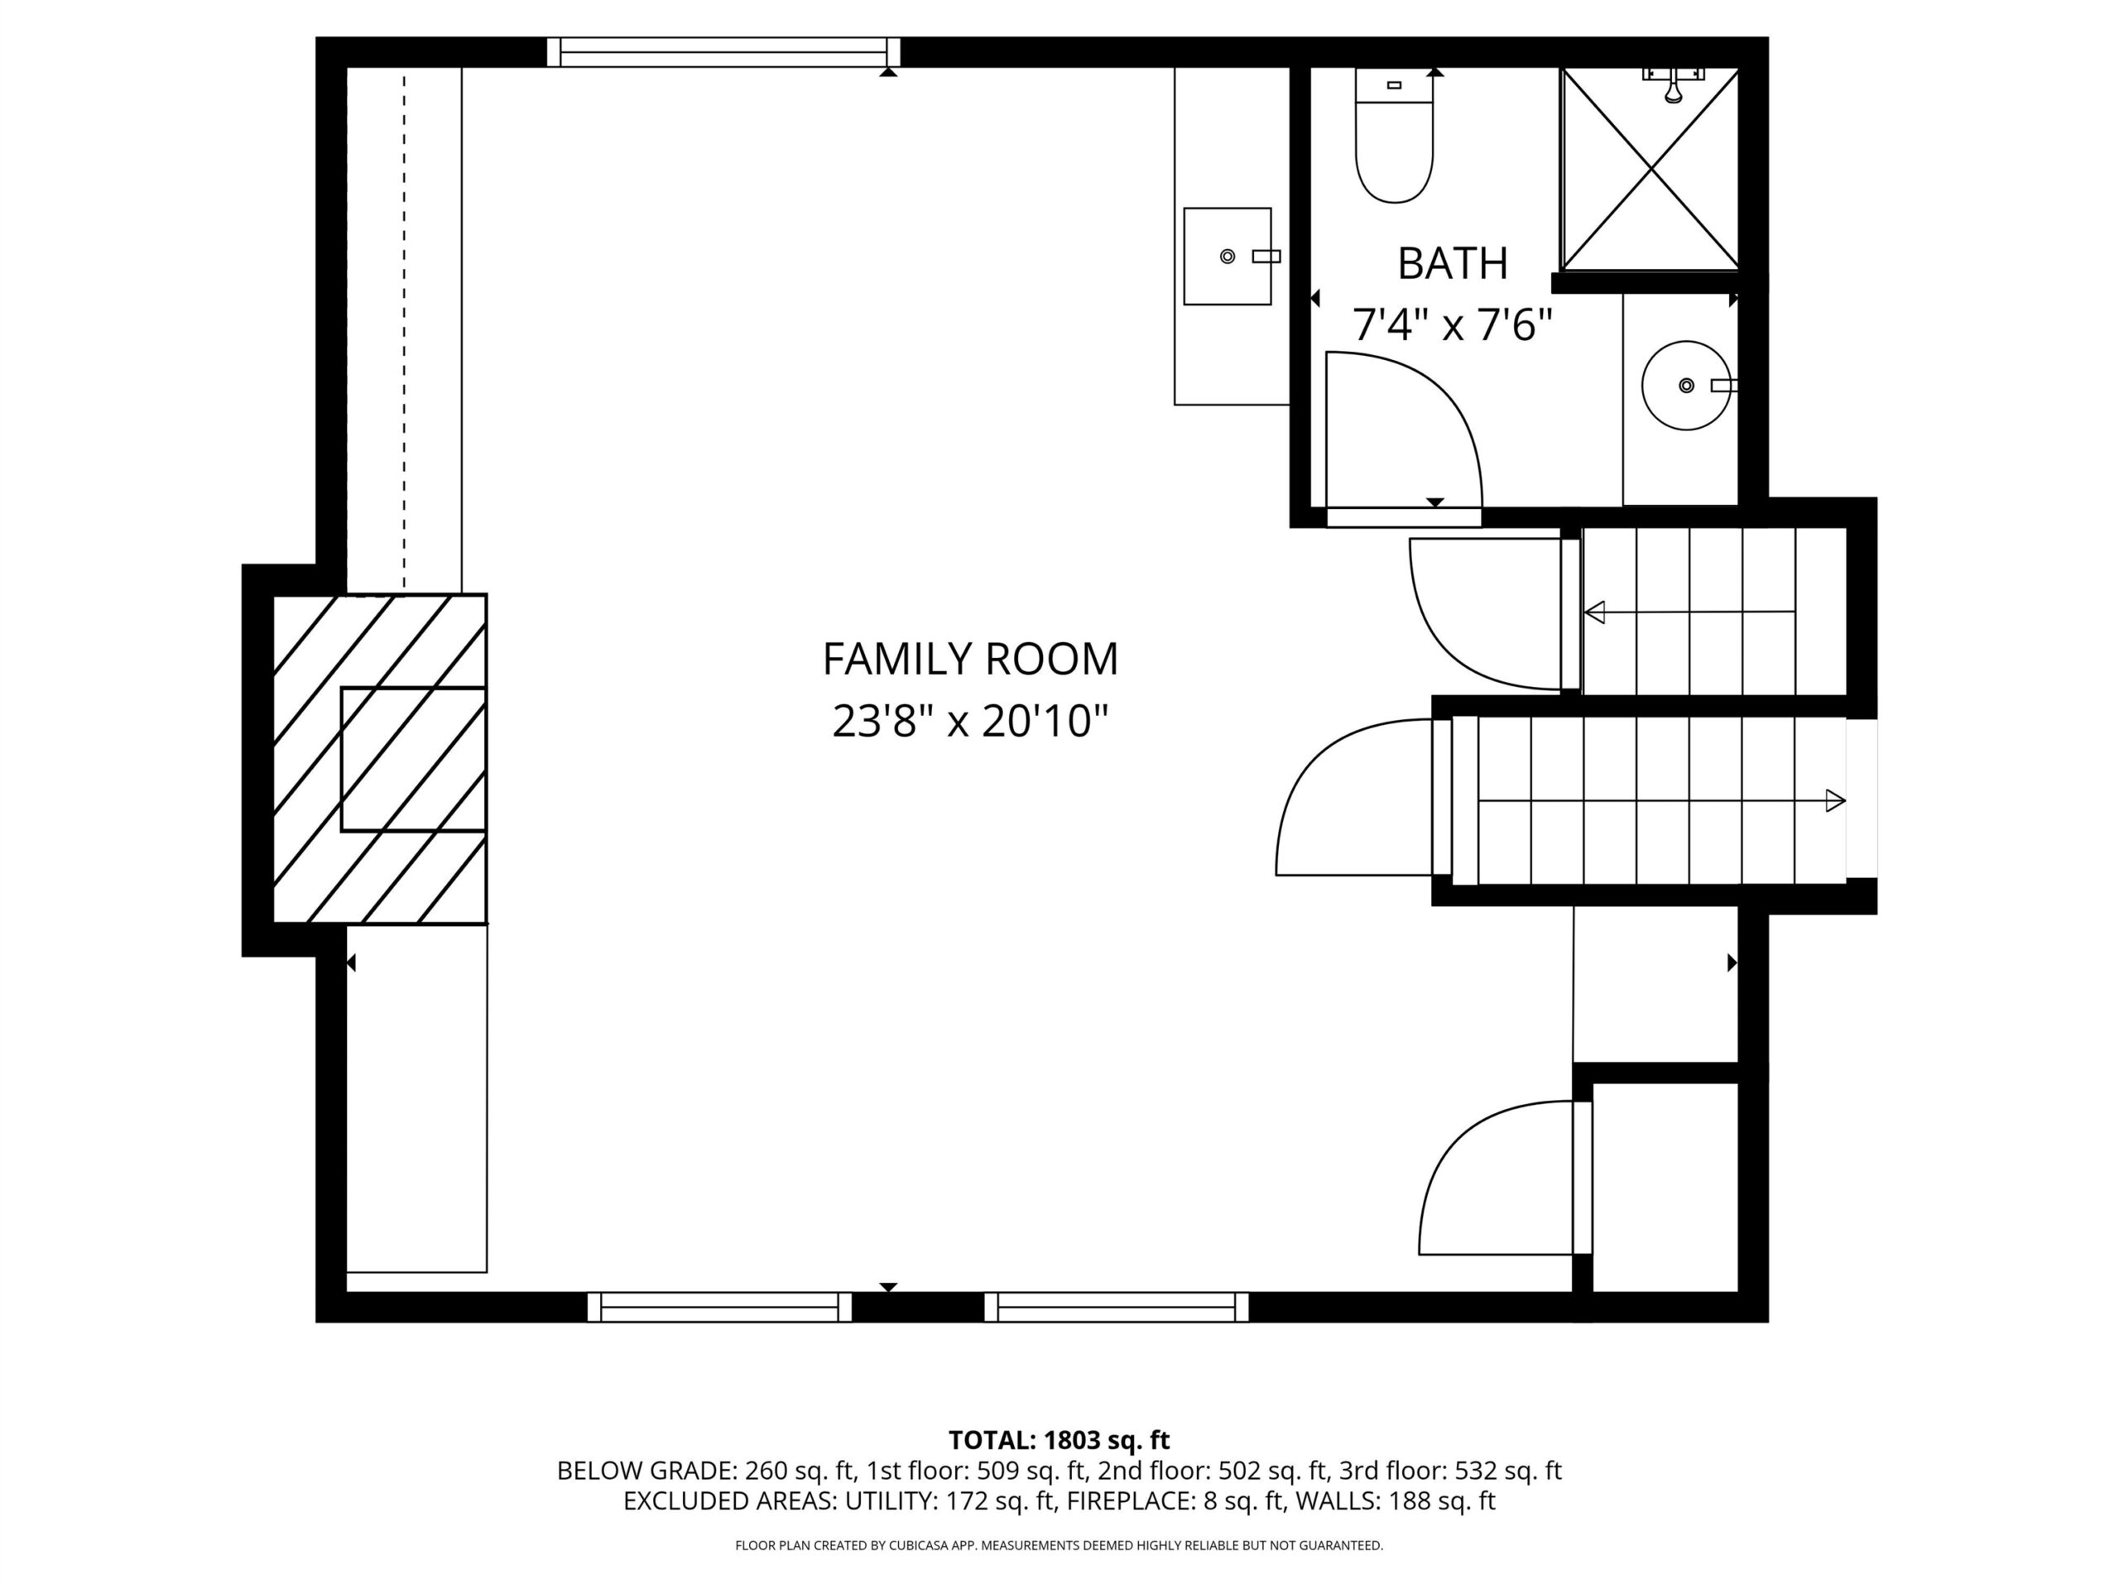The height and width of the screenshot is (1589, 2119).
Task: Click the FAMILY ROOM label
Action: (970, 659)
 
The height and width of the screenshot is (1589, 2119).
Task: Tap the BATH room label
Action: (1453, 263)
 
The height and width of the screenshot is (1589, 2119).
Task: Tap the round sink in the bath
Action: (1687, 385)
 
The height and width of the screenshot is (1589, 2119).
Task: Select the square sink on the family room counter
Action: (1228, 257)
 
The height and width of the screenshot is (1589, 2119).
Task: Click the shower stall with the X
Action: (1651, 169)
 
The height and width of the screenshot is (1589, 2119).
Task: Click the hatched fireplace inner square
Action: (414, 759)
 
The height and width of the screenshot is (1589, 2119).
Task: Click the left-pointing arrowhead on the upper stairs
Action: (1594, 612)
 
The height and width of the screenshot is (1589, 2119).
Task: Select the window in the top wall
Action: (723, 51)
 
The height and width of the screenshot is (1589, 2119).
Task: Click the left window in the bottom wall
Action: (719, 1307)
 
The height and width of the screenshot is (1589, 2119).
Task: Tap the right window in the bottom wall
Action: (1117, 1307)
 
